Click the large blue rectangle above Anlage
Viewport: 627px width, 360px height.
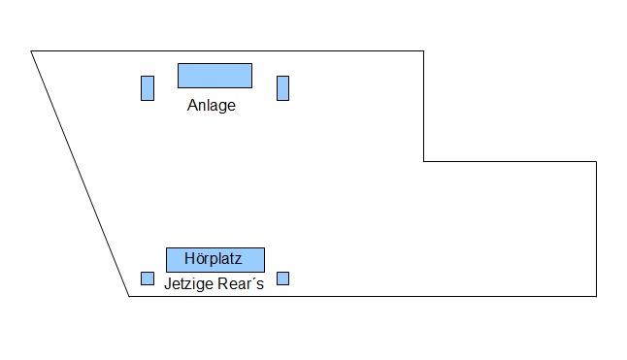pyautogui.click(x=214, y=76)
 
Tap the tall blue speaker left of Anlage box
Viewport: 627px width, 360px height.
pyautogui.click(x=148, y=88)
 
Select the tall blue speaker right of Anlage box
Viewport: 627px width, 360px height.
pyautogui.click(x=282, y=88)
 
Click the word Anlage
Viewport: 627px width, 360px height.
pyautogui.click(x=212, y=106)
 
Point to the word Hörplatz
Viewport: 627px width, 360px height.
pyautogui.click(x=214, y=259)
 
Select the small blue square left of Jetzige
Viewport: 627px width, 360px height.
pyautogui.click(x=148, y=278)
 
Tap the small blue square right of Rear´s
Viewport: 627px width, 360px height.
pyautogui.click(x=282, y=278)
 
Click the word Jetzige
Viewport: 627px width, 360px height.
pyautogui.click(x=188, y=284)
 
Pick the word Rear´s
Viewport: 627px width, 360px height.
pyautogui.click(x=241, y=283)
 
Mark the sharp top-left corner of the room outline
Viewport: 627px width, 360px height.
pyautogui.click(x=31, y=51)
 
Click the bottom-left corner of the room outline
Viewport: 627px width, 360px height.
pyautogui.click(x=129, y=297)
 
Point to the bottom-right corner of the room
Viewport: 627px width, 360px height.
pyautogui.click(x=596, y=297)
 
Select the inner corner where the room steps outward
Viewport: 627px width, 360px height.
pyautogui.click(x=424, y=161)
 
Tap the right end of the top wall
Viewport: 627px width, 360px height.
pyautogui.click(x=424, y=51)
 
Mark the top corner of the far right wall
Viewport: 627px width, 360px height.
pyautogui.click(x=596, y=161)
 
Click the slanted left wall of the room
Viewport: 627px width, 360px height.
pyautogui.click(x=80, y=174)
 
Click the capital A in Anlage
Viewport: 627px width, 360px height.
pyautogui.click(x=192, y=105)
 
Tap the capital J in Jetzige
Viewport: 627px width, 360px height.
pyautogui.click(x=168, y=283)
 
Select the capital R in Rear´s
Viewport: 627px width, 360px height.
pyautogui.click(x=223, y=283)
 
